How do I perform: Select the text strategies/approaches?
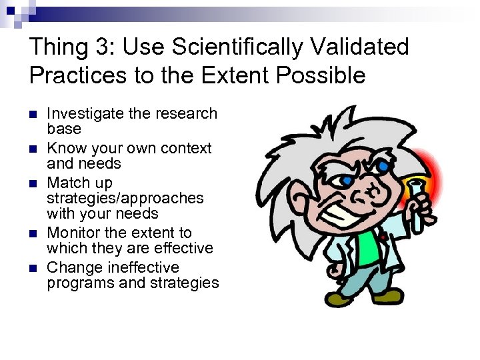(125, 198)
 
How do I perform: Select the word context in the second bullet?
(187, 148)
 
